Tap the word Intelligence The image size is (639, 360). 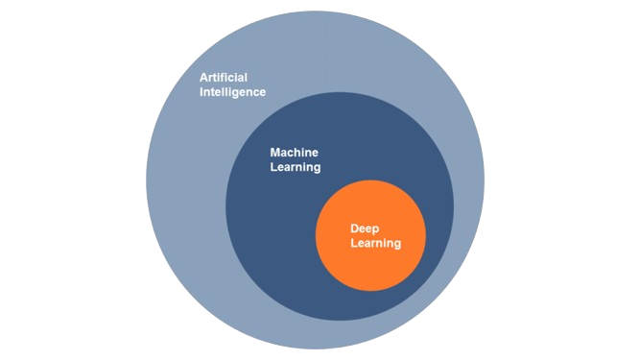[x=232, y=92]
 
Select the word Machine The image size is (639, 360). [x=294, y=153]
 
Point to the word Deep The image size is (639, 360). [x=367, y=228]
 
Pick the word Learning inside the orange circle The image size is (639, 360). [x=376, y=244]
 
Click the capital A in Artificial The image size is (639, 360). [x=203, y=78]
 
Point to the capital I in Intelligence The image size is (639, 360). [x=201, y=92]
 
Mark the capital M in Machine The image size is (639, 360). [x=274, y=153]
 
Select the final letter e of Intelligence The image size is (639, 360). [x=262, y=92]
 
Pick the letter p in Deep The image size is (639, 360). [x=379, y=229]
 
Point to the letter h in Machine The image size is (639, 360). [x=300, y=153]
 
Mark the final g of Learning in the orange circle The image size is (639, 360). [x=397, y=245]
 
